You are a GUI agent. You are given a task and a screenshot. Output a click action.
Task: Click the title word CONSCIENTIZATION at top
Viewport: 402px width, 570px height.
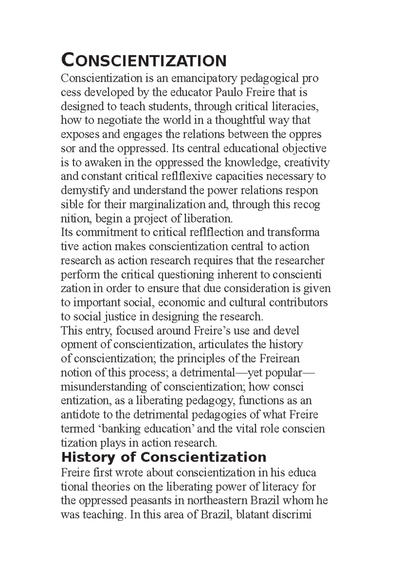tap(144, 60)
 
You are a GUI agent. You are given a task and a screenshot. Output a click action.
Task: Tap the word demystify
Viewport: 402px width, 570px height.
tap(85, 191)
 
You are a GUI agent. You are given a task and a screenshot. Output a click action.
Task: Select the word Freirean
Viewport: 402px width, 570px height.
tap(279, 359)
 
